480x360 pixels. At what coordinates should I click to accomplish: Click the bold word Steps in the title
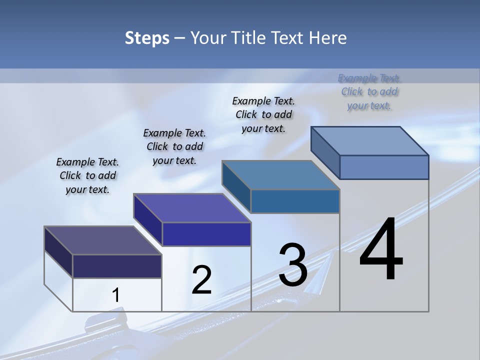pos(147,38)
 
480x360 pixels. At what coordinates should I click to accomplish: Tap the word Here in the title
pos(328,38)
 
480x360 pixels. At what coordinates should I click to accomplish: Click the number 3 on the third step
pos(293,265)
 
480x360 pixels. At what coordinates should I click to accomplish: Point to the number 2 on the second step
pos(202,280)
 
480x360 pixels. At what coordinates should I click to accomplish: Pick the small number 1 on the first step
pos(115,295)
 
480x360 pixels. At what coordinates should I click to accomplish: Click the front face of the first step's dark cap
pos(117,266)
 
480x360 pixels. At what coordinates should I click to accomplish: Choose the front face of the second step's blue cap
pos(206,234)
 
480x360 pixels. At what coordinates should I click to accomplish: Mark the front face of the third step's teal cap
pos(295,201)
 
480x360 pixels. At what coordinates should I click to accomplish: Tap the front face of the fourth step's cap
pos(384,167)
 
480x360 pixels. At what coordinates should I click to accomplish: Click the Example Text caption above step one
pos(87,175)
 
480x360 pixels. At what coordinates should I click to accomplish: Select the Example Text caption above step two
pos(174,146)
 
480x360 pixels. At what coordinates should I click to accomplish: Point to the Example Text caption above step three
pos(263,114)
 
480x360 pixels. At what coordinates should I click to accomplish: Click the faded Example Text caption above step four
pos(369,91)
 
